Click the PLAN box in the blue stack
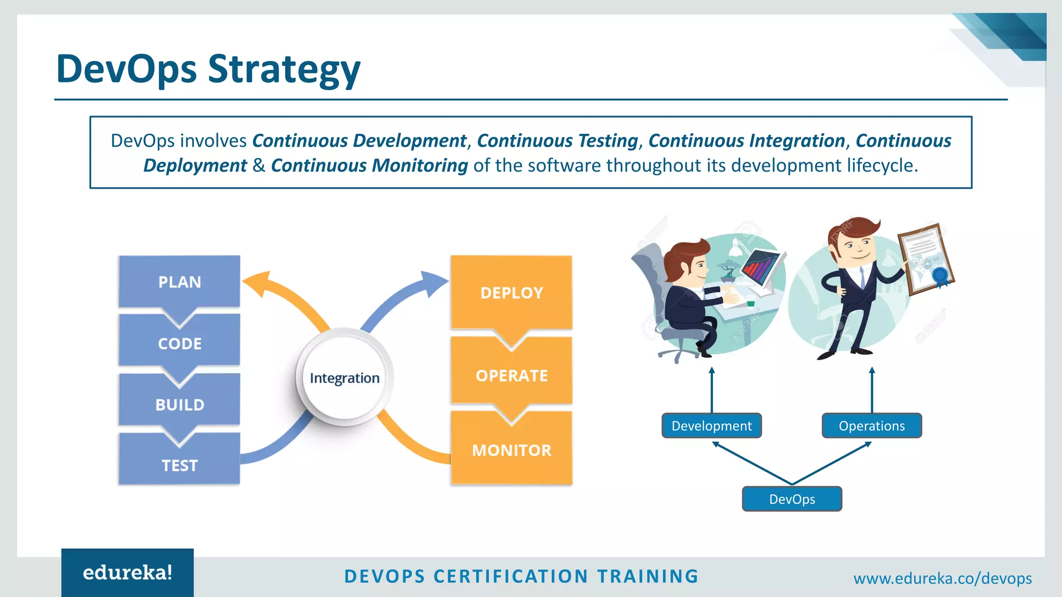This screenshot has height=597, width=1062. [x=179, y=282]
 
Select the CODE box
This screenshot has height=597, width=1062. [x=179, y=344]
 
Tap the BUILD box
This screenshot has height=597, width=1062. [x=179, y=405]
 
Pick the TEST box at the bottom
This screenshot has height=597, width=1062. [x=179, y=465]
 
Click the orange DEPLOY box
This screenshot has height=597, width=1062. [x=511, y=293]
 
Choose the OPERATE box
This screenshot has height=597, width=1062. [x=511, y=376]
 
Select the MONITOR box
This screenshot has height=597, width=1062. [x=511, y=450]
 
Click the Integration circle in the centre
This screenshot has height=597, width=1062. [x=345, y=378]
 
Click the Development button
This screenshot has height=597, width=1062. [x=711, y=426]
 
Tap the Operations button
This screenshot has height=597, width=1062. [x=872, y=426]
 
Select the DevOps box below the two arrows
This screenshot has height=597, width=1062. [x=792, y=499]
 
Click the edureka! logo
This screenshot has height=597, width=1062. [x=128, y=573]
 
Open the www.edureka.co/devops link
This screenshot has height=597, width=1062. [x=942, y=578]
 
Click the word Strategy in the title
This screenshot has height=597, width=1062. [x=284, y=69]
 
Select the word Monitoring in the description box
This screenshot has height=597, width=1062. [x=420, y=166]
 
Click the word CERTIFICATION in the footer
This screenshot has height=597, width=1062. [x=511, y=576]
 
